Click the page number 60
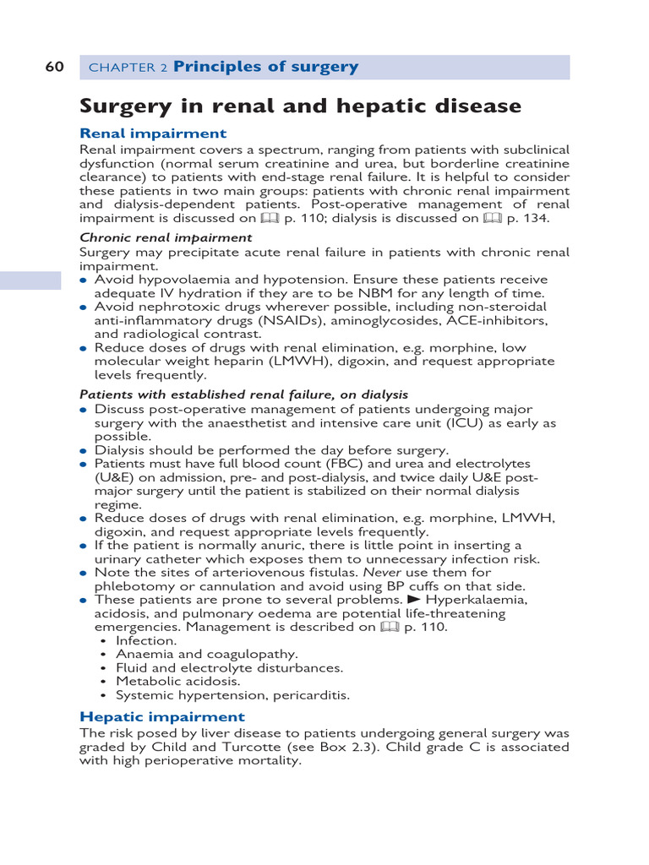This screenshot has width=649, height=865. coord(54,68)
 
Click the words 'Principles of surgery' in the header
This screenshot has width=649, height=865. coord(265,68)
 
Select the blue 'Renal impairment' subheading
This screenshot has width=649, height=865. coord(153,133)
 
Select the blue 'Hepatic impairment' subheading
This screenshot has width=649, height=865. coord(161,717)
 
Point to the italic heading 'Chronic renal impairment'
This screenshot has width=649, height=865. coord(166,238)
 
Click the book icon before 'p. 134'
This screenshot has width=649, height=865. coord(493,218)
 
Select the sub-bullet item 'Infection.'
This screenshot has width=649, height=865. coord(146,640)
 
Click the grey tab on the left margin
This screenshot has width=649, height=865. coord(30,280)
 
